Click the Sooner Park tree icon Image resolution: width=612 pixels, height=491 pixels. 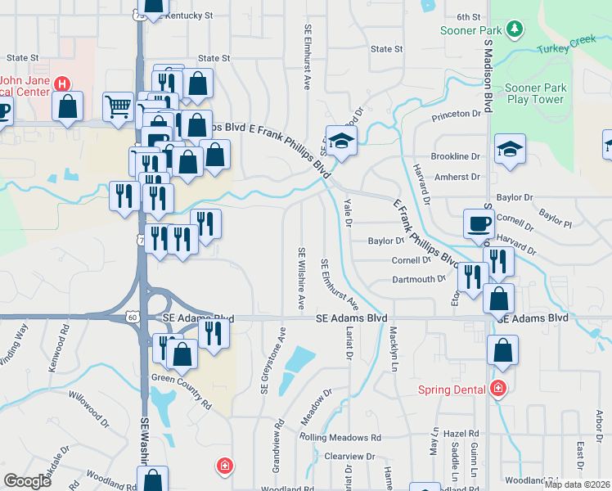515,30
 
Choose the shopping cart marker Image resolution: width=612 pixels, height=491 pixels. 118,106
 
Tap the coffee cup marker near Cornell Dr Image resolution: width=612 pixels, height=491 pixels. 478,223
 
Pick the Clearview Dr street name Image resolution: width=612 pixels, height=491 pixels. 349,457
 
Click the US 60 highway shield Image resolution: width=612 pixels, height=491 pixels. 133,316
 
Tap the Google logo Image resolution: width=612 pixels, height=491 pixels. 27,481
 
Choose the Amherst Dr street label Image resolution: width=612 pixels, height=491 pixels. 457,177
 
